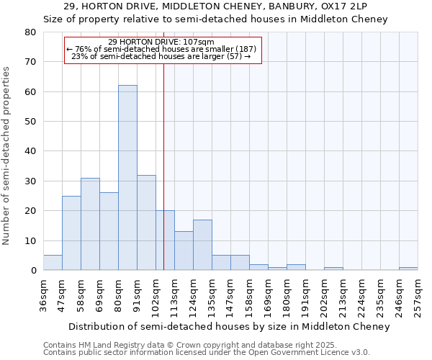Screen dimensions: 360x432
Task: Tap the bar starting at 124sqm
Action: [x=202, y=245]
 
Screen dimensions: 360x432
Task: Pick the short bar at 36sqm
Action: [x=53, y=263]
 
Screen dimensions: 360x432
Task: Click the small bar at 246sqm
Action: [x=408, y=269]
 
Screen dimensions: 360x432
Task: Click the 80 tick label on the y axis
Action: [x=30, y=32]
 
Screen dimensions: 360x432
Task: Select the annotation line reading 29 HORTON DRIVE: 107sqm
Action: [x=161, y=42]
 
